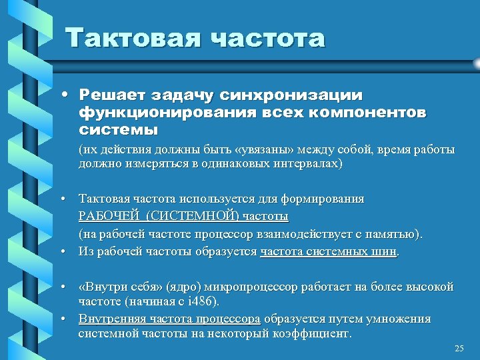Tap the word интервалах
click(305, 163)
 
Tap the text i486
click(202, 302)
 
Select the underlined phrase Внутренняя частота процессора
click(169, 318)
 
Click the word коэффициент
click(315, 333)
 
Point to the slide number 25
click(458, 349)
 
